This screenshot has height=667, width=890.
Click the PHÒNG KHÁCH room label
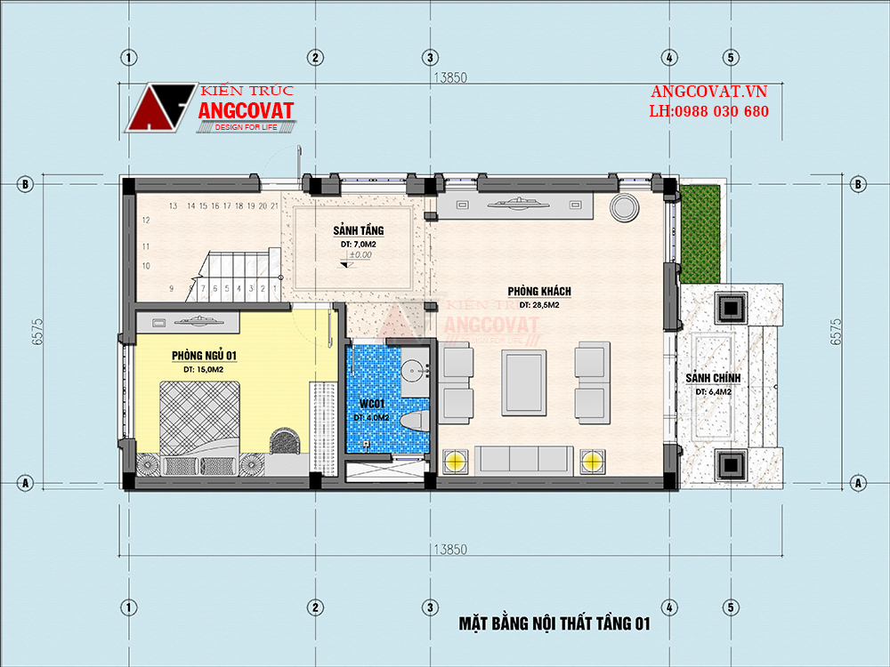tap(539, 291)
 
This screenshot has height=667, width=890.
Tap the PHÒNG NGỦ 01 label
tap(205, 356)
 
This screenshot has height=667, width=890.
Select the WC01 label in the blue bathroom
tap(372, 404)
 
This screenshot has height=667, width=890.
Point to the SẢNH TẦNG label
tap(358, 230)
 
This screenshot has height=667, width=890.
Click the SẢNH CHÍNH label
tap(713, 378)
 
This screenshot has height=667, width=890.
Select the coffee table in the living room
tap(523, 382)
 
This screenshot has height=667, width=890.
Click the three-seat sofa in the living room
tap(524, 458)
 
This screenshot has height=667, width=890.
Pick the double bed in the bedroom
tap(199, 418)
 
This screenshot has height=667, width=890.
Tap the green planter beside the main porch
tap(700, 234)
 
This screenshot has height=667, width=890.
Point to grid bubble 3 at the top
tap(430, 57)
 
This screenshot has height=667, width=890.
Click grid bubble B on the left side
tap(24, 184)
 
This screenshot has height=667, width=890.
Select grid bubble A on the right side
tap(858, 483)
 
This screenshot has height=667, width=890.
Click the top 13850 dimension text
tap(450, 77)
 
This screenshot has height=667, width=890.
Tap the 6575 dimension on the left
tap(37, 332)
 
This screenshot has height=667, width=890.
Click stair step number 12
tap(146, 220)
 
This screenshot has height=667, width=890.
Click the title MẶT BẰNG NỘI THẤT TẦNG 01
tap(554, 624)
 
